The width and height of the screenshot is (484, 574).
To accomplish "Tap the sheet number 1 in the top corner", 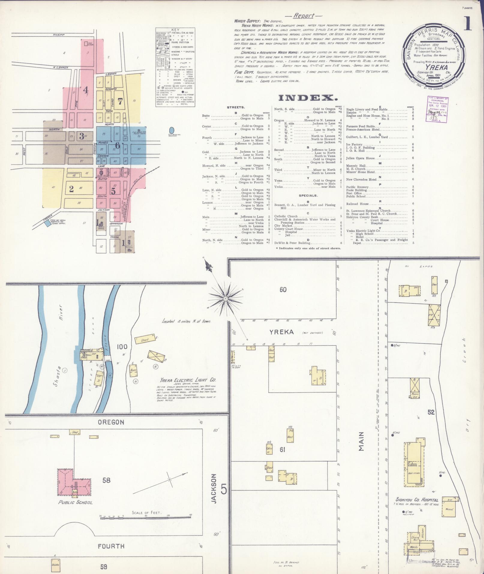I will click(467, 24).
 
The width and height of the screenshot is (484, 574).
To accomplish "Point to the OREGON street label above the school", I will click(111, 422).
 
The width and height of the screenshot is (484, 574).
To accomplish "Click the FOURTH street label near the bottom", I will click(111, 546).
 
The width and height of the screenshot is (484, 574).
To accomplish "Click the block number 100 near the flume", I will click(122, 347).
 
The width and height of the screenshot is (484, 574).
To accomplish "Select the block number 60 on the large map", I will click(283, 290).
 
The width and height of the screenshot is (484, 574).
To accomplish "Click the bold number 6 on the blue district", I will click(118, 145).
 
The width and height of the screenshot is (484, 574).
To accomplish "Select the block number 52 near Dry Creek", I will click(431, 412).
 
